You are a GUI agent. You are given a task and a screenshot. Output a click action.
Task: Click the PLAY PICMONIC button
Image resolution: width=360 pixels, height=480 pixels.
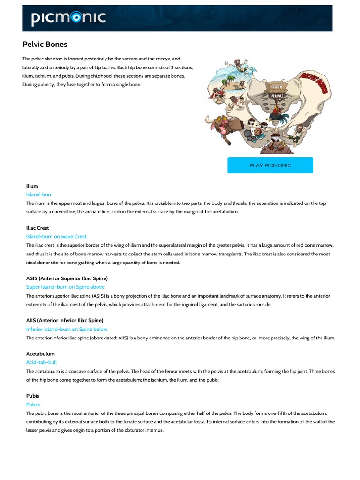point(270,165)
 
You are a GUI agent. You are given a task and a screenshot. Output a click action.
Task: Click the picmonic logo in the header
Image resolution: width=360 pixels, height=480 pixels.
point(68,18)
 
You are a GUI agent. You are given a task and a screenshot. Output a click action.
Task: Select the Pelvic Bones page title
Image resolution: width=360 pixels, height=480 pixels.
point(45,45)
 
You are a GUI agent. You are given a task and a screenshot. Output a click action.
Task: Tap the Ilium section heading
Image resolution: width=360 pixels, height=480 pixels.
point(32,186)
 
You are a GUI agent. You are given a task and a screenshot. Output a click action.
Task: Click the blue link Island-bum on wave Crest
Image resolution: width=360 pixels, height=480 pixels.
point(56,236)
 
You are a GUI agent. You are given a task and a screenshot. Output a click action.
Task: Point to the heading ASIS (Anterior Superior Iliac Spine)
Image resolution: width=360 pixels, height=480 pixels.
point(67,278)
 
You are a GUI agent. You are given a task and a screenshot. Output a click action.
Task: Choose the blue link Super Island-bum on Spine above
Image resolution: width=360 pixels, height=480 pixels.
point(65,287)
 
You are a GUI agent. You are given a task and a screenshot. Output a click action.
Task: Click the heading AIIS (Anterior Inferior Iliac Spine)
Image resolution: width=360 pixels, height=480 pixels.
point(65,320)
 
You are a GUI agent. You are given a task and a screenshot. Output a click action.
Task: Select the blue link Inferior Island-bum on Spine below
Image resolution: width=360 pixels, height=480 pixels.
point(67,329)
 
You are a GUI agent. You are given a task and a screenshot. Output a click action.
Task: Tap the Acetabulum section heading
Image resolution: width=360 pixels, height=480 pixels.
point(40,353)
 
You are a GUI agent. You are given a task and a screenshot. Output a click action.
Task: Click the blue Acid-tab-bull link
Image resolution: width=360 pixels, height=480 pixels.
point(41,362)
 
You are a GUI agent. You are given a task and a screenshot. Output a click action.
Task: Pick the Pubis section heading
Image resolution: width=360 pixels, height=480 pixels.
point(33,396)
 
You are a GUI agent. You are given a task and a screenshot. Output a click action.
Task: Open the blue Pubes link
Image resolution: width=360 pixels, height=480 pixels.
point(33,405)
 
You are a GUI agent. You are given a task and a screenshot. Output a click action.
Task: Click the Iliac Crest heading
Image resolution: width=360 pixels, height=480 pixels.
point(37,228)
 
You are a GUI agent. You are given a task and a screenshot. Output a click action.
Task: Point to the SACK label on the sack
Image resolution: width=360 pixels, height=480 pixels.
point(276,87)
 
